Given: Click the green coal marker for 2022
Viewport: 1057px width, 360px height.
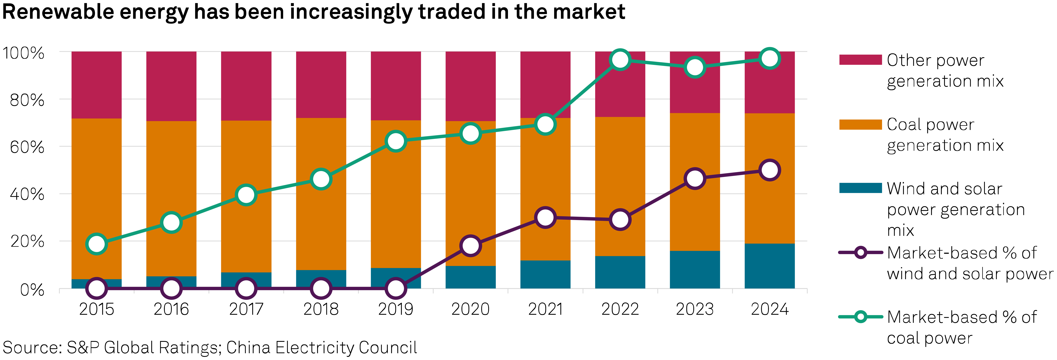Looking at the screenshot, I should tap(620, 60).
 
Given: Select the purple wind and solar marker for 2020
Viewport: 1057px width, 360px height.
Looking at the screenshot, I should tap(470, 246).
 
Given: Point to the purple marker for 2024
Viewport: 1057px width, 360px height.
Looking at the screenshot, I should tap(769, 169).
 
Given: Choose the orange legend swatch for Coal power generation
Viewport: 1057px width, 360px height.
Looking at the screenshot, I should tap(860, 124).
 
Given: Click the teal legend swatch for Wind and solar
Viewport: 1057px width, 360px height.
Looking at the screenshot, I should tap(860, 188).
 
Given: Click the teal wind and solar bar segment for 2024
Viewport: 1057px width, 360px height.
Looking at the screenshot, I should tap(769, 266).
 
